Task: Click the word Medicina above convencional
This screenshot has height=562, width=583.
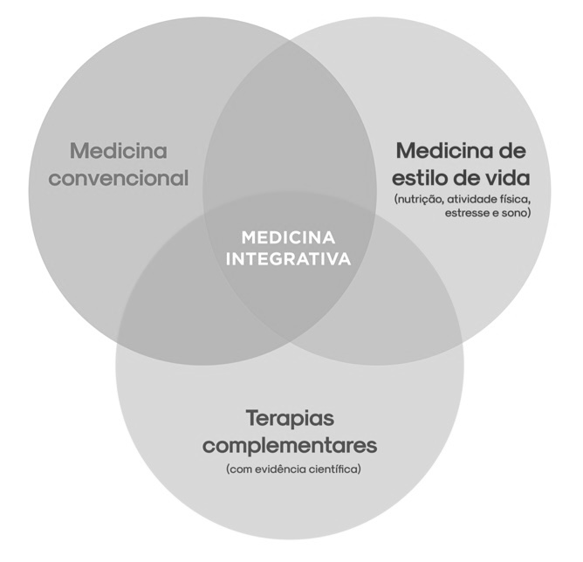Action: tap(119, 151)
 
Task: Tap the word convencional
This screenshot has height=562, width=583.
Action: tap(119, 179)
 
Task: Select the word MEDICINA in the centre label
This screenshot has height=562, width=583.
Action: tap(287, 237)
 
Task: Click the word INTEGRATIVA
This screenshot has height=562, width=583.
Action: tap(287, 259)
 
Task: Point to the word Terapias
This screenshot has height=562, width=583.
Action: tap(290, 417)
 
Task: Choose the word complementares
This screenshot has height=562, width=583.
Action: tap(290, 445)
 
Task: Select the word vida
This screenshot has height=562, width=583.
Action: tap(505, 177)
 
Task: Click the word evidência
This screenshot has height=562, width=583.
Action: tap(278, 469)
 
